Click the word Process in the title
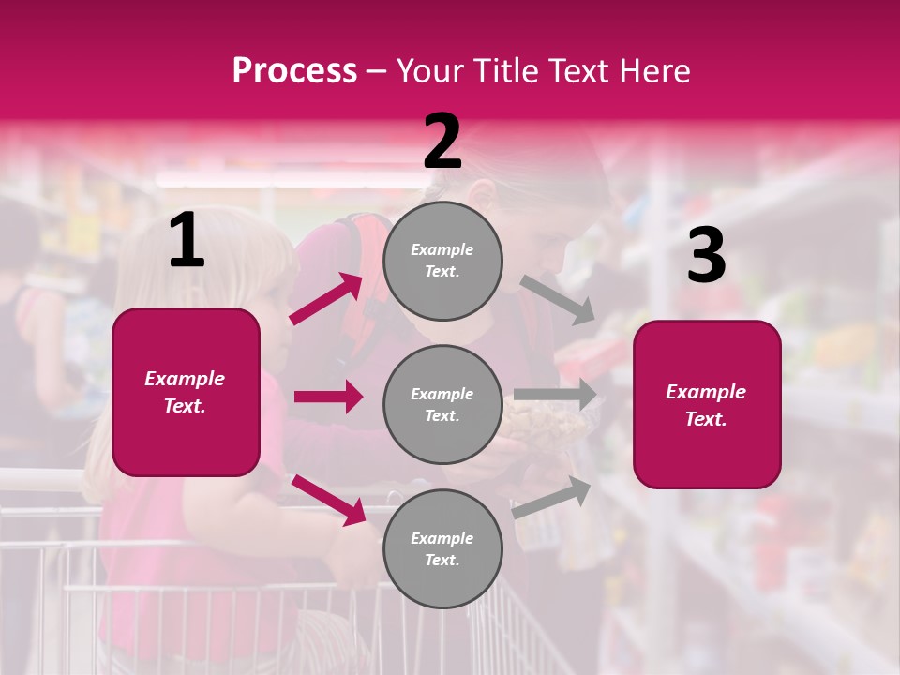click(294, 71)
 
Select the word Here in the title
click(653, 71)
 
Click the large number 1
click(187, 241)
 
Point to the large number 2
click(442, 142)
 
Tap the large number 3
click(706, 256)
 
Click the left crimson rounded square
click(186, 392)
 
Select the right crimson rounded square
click(707, 404)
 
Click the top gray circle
click(442, 261)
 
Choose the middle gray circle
click(442, 404)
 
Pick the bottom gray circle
click(442, 548)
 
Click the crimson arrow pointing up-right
click(326, 299)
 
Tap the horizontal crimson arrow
click(328, 397)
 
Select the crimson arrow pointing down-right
click(328, 500)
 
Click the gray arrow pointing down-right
click(558, 300)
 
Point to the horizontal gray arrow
click(555, 394)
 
